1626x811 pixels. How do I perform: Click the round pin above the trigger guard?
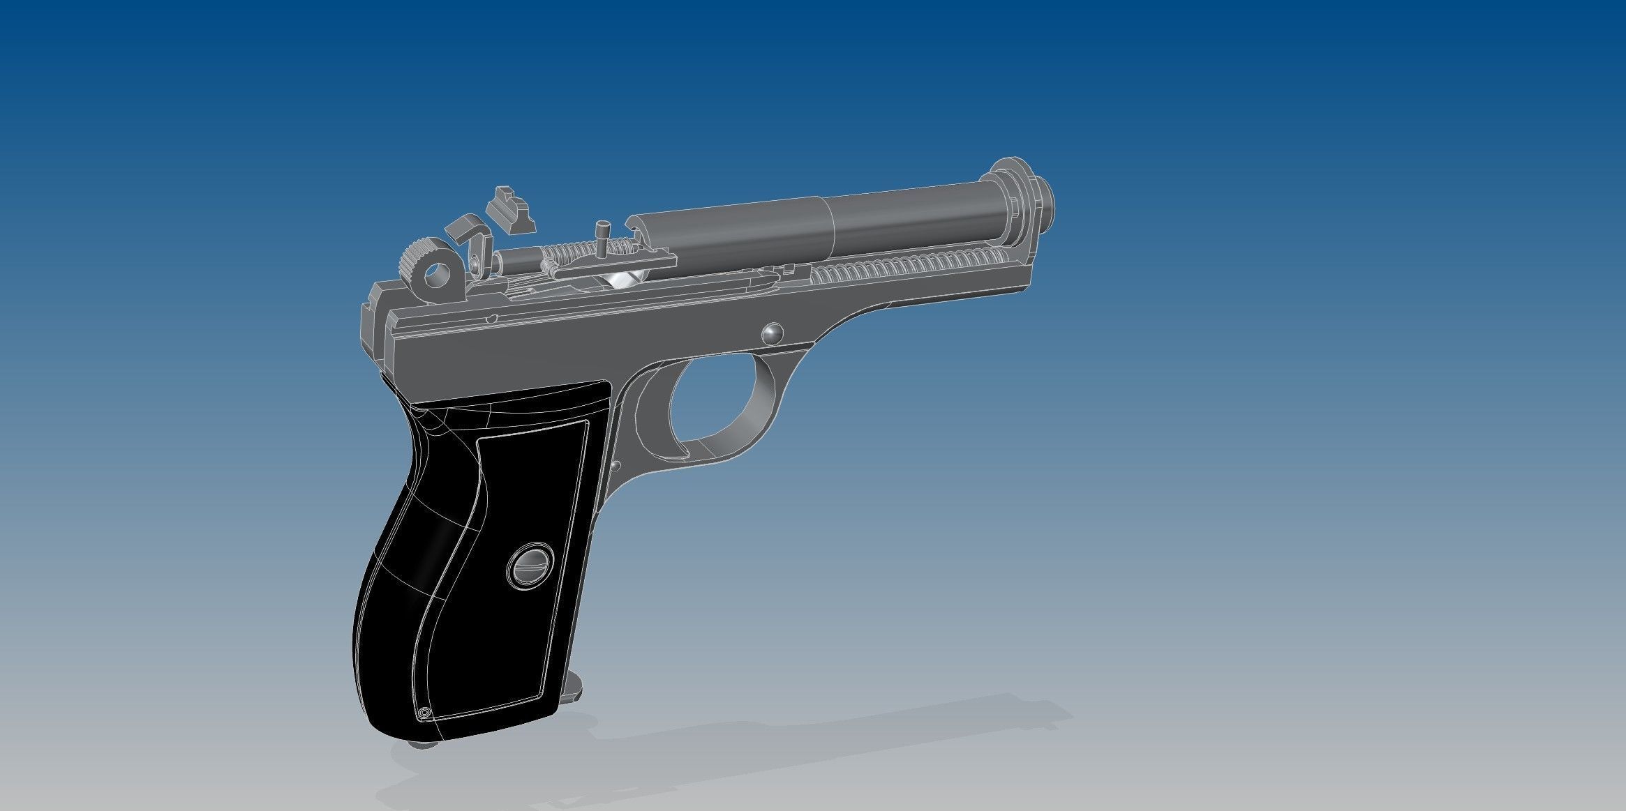click(x=772, y=333)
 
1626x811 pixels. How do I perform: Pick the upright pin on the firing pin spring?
click(x=603, y=237)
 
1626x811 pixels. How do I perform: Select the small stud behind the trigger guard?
click(x=616, y=464)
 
